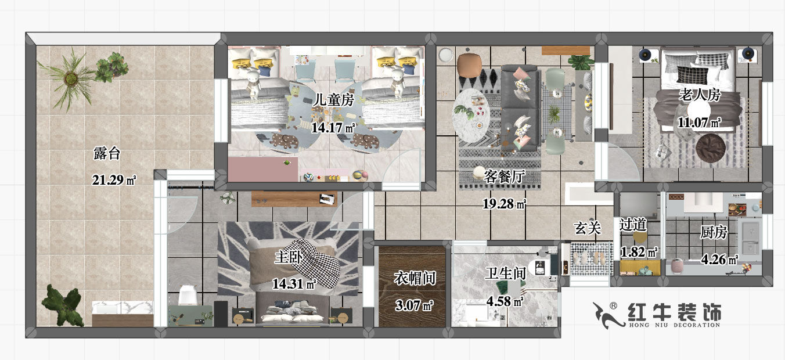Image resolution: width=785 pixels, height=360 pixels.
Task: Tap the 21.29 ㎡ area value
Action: [113, 180]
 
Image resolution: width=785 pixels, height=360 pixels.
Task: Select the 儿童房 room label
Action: [333, 100]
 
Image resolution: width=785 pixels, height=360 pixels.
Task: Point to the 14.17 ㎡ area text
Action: [333, 128]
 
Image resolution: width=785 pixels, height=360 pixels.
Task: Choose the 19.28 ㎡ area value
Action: [504, 204]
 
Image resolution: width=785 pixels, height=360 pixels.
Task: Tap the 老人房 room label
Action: [699, 95]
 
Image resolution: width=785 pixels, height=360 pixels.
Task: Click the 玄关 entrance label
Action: [587, 228]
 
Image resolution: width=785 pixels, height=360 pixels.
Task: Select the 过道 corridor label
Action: [633, 225]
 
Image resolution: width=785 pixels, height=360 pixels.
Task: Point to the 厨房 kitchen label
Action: [714, 233]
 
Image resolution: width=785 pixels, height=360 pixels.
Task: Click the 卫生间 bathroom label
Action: [505, 273]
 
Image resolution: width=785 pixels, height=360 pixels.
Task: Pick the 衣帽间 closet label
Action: [415, 278]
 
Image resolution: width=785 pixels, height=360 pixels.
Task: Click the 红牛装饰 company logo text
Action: [675, 312]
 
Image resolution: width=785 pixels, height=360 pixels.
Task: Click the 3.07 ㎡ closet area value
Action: [415, 304]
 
